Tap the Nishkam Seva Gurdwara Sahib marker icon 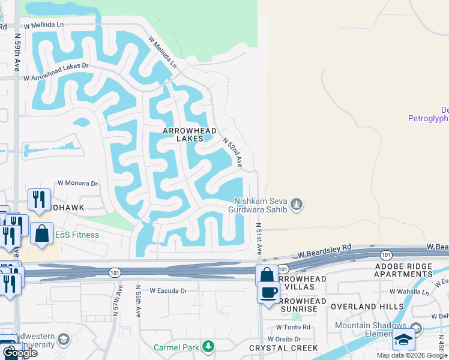pos(296,206)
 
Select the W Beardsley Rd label pos(330,248)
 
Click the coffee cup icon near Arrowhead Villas pos(268,292)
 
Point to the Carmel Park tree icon pos(208,346)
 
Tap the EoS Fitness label pos(77,235)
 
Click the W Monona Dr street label pos(77,184)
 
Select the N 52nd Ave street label pos(232,152)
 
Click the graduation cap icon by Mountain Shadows pos(404,340)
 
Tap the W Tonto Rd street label pos(293,327)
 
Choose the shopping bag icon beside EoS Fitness pos(43,233)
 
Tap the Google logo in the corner pos(19,353)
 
